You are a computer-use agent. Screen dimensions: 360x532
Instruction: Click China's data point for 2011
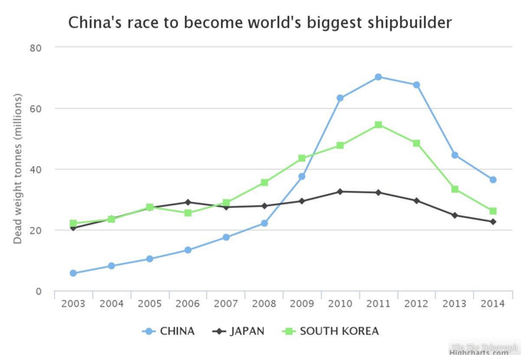tap(378, 77)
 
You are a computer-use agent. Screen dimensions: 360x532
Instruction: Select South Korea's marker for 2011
tap(378, 125)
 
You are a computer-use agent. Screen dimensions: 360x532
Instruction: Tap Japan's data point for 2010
tap(340, 191)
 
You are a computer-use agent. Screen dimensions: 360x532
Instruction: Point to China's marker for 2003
tap(73, 274)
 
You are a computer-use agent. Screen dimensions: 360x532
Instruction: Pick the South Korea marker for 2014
tap(493, 211)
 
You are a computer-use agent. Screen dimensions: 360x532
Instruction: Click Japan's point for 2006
tap(188, 202)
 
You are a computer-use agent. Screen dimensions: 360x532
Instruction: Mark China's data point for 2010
tap(340, 98)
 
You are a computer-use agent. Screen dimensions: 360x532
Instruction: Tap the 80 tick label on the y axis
tap(36, 47)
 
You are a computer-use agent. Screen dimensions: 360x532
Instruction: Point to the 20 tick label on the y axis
tap(36, 230)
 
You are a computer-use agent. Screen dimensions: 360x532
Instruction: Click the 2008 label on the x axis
tap(264, 303)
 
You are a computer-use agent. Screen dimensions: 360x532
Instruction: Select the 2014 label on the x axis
tap(493, 303)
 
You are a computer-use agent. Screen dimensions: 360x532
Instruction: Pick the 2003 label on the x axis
tap(73, 303)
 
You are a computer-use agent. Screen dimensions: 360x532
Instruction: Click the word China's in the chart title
tap(94, 22)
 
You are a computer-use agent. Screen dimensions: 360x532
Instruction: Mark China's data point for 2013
tap(455, 155)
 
